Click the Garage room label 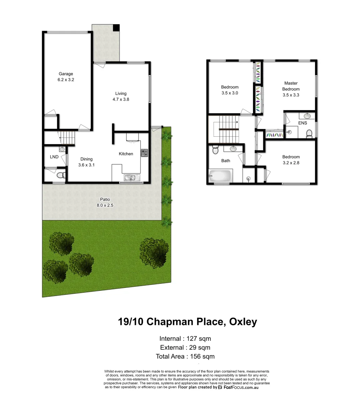[66, 74]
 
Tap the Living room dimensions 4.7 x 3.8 [121, 99]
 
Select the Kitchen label [126, 154]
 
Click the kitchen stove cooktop [144, 153]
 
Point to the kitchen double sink [130, 178]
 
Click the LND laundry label [54, 157]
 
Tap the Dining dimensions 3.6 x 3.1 [86, 165]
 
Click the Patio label [105, 200]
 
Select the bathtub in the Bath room [221, 175]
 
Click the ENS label [303, 123]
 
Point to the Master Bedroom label [291, 86]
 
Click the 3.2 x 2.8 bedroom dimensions [291, 162]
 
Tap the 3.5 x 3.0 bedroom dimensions [230, 93]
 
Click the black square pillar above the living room [116, 28]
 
